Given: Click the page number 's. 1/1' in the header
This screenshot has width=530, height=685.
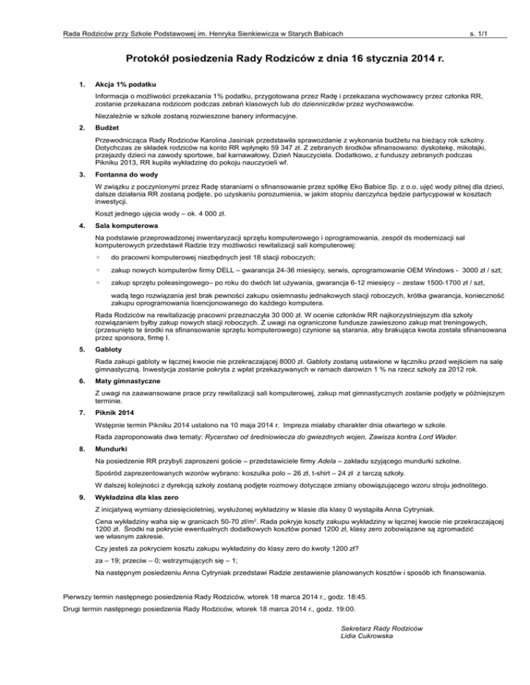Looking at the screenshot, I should [x=487, y=33].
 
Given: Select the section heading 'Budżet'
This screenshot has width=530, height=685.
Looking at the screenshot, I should [x=110, y=128].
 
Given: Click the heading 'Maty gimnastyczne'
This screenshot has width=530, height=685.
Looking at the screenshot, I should [x=129, y=381].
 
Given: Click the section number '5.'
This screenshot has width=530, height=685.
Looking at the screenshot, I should [x=81, y=349].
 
